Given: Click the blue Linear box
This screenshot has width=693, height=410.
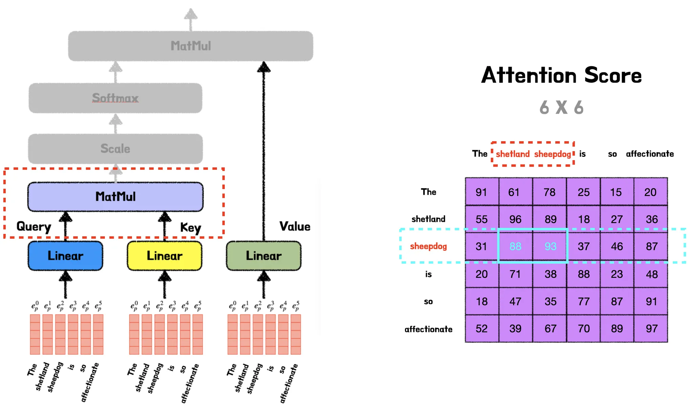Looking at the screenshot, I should click(x=65, y=256).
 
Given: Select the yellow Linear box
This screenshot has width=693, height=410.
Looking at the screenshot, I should click(x=164, y=256).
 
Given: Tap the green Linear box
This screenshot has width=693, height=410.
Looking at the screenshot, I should click(x=264, y=256).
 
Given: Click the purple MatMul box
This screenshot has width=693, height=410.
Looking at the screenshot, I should click(x=115, y=197).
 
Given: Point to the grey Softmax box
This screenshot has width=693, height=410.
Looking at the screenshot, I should click(x=115, y=98).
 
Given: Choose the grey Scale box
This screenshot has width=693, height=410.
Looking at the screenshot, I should click(x=115, y=149).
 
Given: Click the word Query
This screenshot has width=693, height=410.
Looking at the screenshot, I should click(x=33, y=226).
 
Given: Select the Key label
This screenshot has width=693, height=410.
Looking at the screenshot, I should click(x=191, y=227).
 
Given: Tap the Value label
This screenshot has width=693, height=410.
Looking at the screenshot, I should click(x=295, y=226).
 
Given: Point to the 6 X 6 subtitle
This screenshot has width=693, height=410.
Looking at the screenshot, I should click(x=561, y=107).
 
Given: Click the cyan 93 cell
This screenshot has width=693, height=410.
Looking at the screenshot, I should click(x=550, y=246).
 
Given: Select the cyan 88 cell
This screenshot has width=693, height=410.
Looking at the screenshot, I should click(x=515, y=246).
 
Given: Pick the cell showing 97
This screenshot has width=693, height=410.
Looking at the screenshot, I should click(x=651, y=329).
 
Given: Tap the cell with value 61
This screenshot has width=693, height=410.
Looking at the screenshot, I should click(x=514, y=192).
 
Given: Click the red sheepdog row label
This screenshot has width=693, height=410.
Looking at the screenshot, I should click(x=428, y=246).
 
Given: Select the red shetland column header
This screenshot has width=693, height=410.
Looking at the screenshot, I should click(x=513, y=154).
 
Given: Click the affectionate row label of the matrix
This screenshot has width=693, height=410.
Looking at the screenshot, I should click(x=428, y=329).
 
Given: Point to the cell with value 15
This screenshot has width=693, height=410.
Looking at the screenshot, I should click(x=616, y=192).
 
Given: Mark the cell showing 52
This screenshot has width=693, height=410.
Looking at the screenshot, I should click(x=482, y=329).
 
